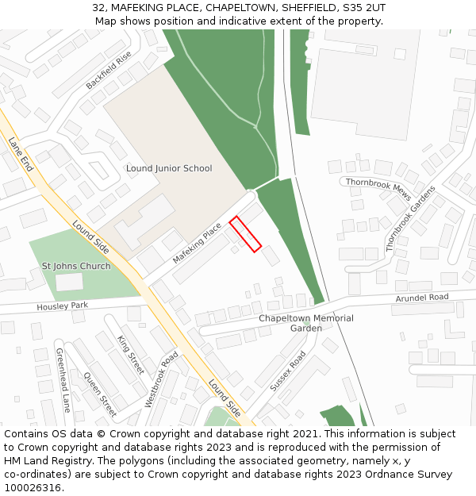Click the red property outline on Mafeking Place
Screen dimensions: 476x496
245,234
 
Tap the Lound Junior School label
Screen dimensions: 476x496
169,168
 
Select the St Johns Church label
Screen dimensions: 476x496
76,266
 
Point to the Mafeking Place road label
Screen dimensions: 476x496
197,244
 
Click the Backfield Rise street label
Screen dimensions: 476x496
108,70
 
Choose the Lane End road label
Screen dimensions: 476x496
21,154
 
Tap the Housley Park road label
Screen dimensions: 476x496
63,306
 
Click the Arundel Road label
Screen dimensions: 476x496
422,298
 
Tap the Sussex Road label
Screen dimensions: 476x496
287,371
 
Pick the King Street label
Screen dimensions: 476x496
131,355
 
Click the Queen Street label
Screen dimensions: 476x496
100,394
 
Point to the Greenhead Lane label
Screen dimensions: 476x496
63,379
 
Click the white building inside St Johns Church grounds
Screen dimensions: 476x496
69,282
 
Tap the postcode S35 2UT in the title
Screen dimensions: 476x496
363,7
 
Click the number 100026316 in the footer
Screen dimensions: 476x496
33,488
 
